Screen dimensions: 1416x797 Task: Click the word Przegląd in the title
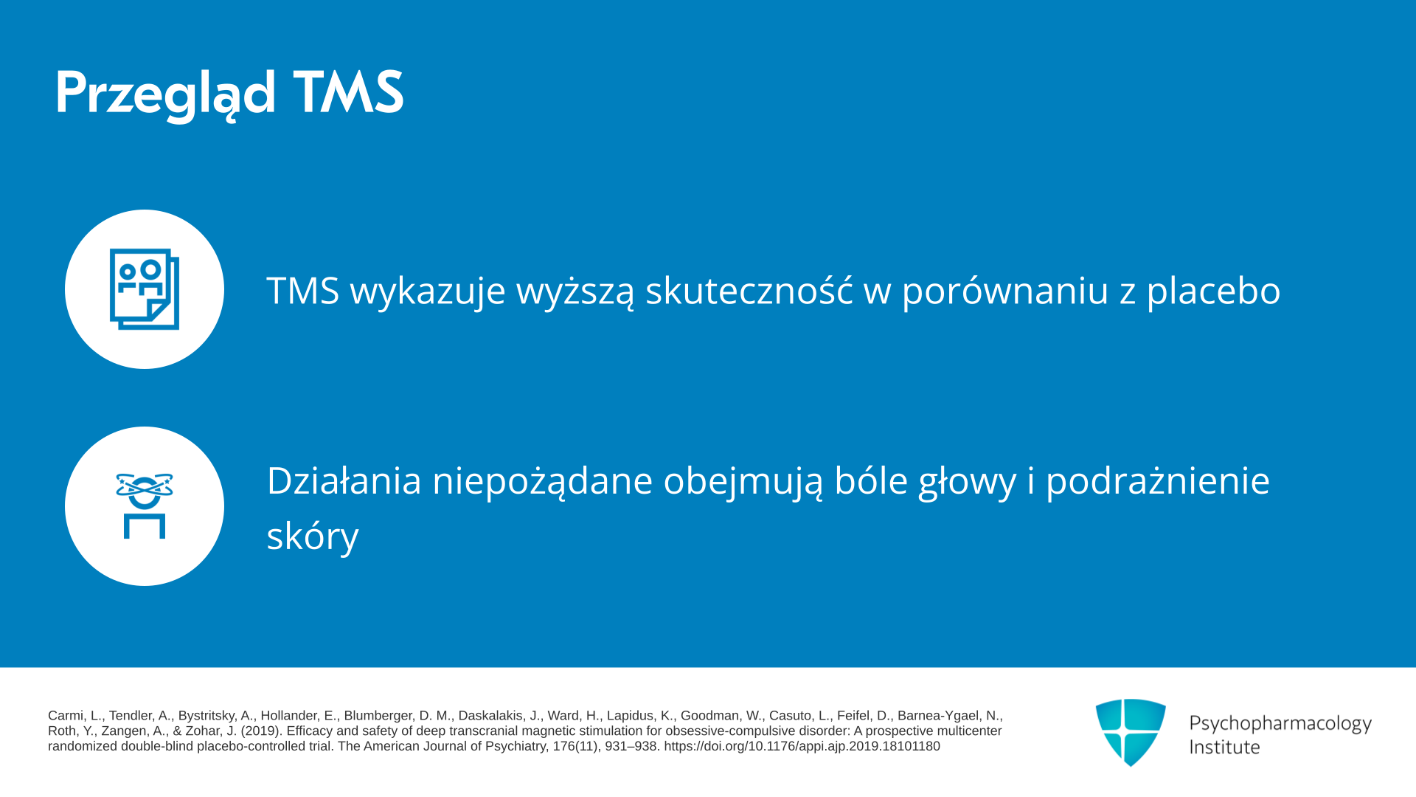166,94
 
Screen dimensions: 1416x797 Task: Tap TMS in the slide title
349,93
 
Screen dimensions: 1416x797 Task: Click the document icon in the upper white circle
145,289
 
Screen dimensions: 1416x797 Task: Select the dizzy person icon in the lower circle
145,506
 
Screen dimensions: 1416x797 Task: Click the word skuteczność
749,289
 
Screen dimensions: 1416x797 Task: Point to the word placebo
1213,289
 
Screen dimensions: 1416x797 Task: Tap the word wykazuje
428,291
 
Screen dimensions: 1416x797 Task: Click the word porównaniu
1006,291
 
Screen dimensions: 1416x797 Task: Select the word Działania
344,480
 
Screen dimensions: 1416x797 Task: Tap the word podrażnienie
1158,481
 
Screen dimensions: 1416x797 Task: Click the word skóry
313,536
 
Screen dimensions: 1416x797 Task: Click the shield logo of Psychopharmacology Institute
1131,732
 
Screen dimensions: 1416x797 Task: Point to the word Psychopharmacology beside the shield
1280,723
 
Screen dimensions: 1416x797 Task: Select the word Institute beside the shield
1225,747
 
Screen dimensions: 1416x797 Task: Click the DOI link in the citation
802,747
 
